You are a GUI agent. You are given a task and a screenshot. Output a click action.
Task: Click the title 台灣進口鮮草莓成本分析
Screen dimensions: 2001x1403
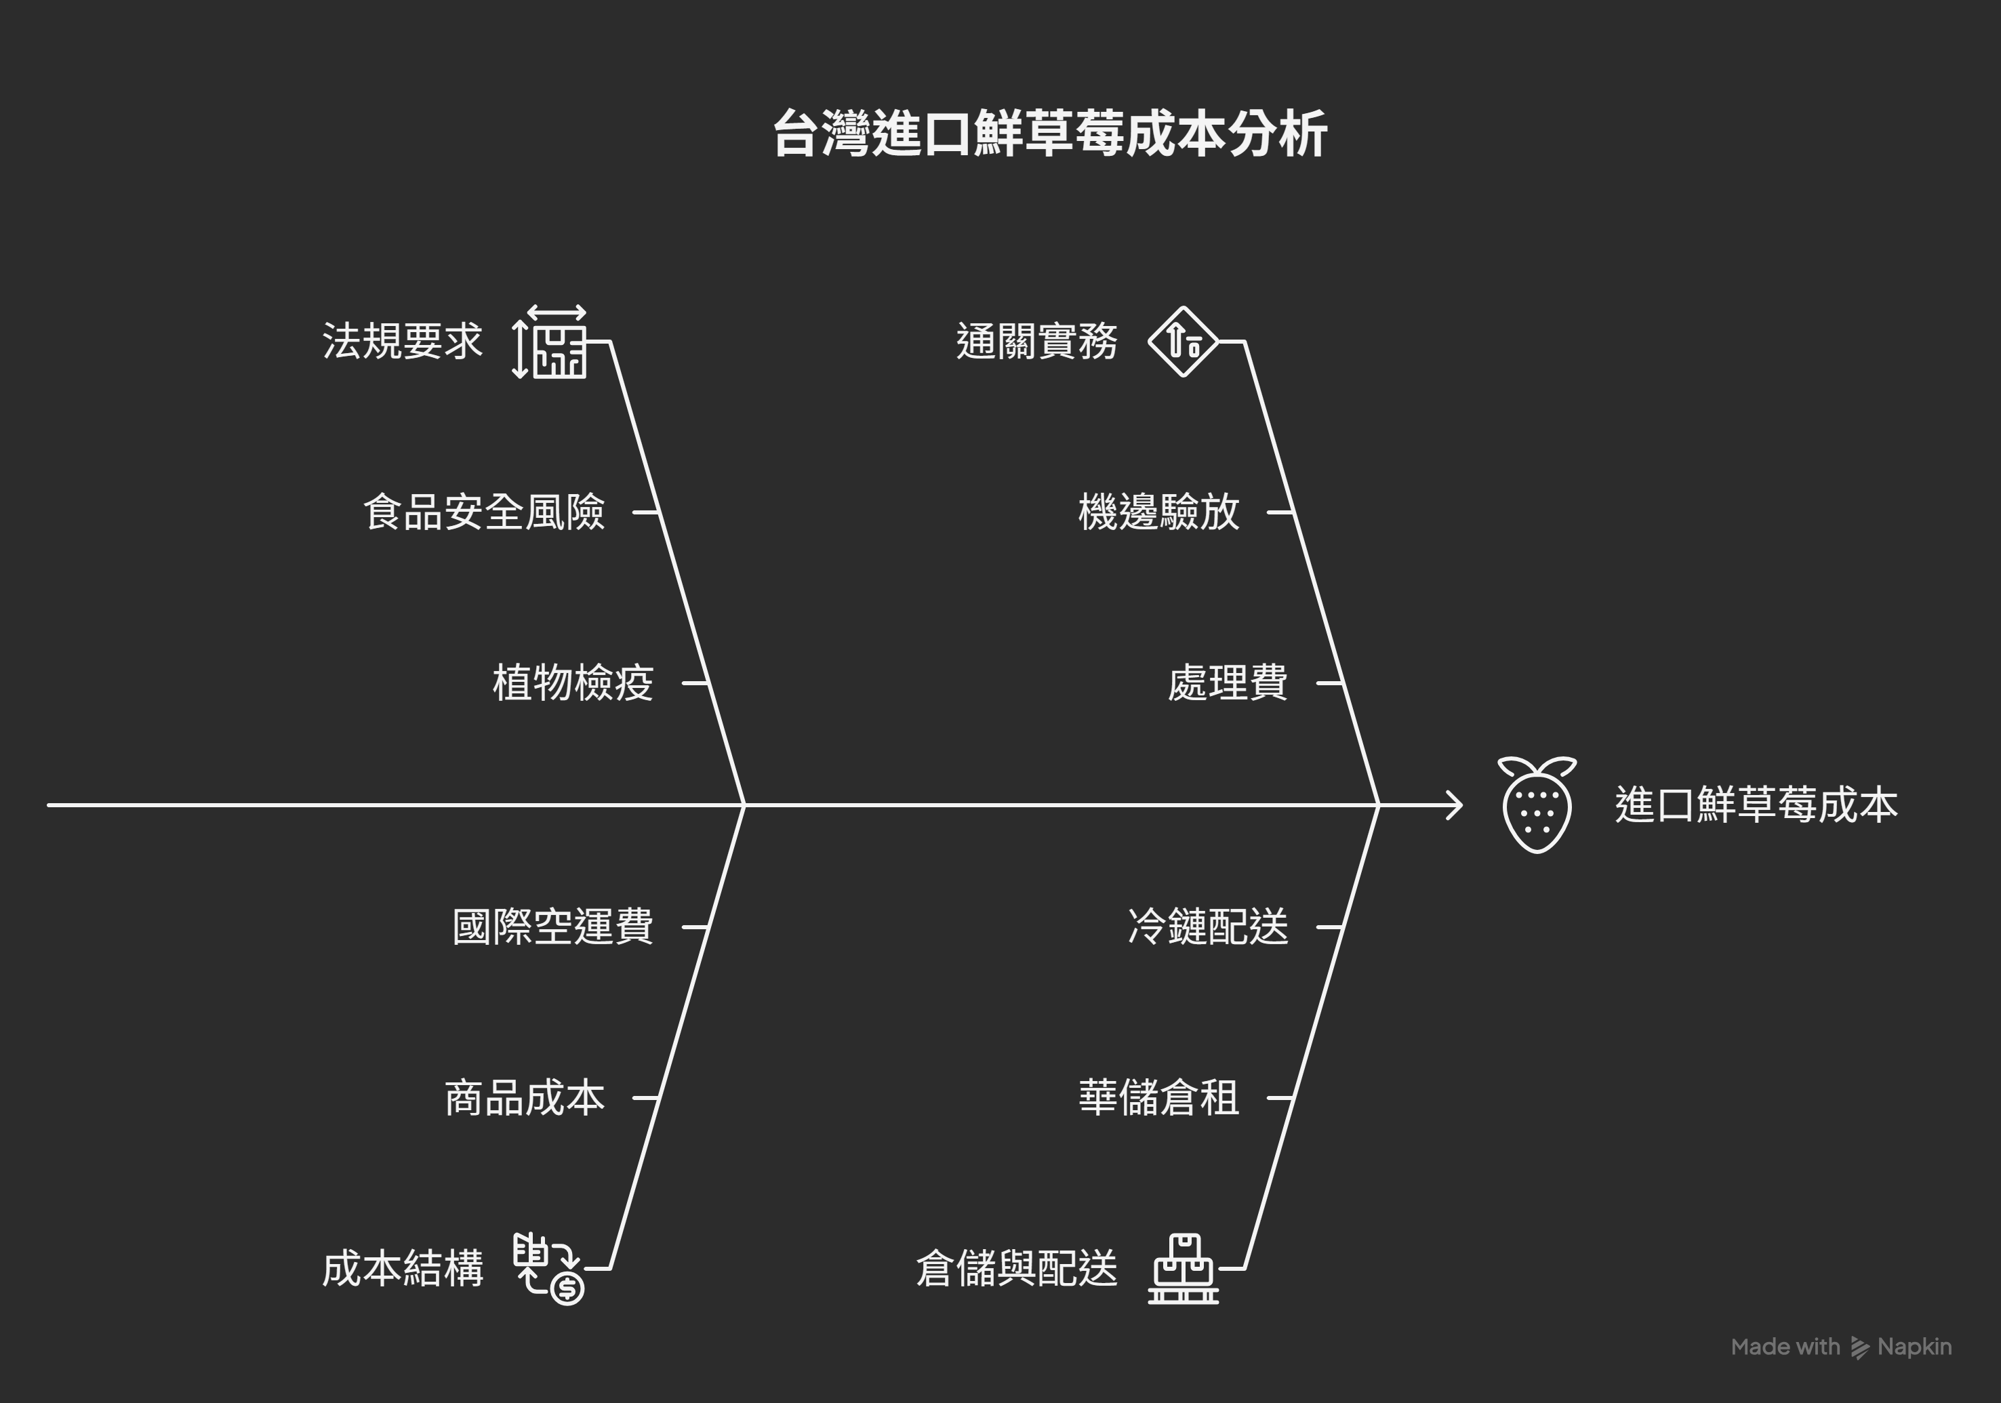(x=1049, y=134)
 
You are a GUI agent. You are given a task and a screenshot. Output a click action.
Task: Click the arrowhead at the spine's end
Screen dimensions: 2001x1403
(x=1455, y=805)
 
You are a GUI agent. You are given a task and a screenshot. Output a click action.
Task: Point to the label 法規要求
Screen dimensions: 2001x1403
(x=402, y=341)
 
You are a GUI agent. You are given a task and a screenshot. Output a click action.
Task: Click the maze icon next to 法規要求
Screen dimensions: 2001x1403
(x=550, y=342)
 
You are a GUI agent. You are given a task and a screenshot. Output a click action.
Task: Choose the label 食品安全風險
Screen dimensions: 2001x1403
(x=484, y=512)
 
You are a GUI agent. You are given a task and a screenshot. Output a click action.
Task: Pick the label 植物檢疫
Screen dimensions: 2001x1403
(x=573, y=683)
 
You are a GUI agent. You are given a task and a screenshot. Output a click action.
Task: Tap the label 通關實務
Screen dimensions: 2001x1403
(x=1036, y=341)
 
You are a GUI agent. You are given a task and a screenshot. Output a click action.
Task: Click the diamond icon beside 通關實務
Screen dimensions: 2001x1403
(x=1183, y=342)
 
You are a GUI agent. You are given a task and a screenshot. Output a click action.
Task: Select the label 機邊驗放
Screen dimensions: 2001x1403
(x=1158, y=512)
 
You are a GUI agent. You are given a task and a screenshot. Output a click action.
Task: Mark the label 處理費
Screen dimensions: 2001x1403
(x=1227, y=683)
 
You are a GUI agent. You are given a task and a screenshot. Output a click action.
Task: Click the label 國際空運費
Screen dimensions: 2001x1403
(x=552, y=927)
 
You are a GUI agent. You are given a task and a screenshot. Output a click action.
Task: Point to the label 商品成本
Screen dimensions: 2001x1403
(x=525, y=1098)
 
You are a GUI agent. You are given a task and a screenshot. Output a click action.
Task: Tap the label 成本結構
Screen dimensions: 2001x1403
(x=402, y=1269)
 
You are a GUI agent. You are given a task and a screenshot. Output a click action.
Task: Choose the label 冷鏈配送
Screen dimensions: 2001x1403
(x=1208, y=927)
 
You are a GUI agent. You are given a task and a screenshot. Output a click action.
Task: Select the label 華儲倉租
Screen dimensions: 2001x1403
(x=1158, y=1098)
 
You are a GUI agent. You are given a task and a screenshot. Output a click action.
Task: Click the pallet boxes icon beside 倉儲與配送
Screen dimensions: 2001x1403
(x=1183, y=1269)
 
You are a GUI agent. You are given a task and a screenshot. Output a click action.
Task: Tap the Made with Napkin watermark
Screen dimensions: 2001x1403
(x=1840, y=1346)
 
